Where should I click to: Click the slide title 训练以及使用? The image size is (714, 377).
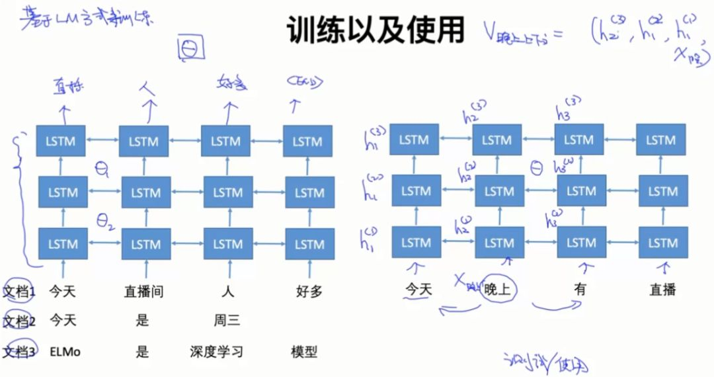point(376,32)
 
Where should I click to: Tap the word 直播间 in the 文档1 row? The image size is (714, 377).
point(143,291)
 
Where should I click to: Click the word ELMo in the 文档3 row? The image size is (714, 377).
point(65,352)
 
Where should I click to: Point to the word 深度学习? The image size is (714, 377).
point(216,352)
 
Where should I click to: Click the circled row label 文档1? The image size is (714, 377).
point(19,291)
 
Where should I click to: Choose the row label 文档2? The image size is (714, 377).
point(19,321)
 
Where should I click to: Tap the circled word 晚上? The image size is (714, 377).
point(500,289)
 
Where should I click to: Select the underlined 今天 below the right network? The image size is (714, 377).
point(417,289)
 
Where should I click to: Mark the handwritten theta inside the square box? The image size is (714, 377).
point(190,48)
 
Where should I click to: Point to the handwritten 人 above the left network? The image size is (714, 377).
point(147,87)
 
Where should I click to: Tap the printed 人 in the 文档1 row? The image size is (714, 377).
point(228,291)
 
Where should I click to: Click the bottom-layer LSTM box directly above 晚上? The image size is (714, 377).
point(498,242)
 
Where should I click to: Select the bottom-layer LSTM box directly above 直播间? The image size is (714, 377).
point(145,243)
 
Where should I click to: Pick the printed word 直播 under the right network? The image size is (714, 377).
point(662,289)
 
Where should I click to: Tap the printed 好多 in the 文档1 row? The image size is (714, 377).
point(308,291)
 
